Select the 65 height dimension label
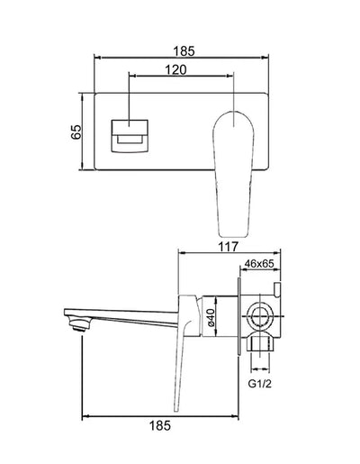tap(77, 131)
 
